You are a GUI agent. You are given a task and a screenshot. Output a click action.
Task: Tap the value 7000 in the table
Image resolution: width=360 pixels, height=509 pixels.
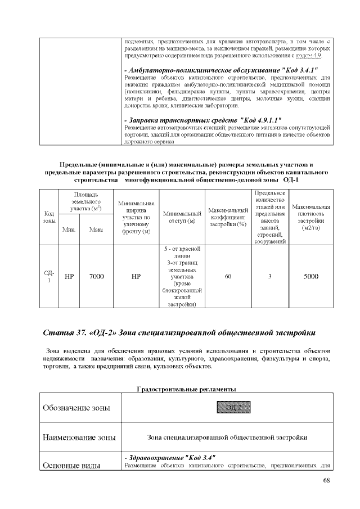pyautogui.click(x=97, y=276)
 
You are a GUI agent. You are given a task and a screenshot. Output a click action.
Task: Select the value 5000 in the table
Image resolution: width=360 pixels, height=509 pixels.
pyautogui.click(x=311, y=276)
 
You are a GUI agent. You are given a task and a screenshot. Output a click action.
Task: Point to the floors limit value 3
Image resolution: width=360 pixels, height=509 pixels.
pyautogui.click(x=270, y=276)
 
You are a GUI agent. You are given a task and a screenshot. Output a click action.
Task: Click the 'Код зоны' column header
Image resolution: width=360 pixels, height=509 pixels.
pyautogui.click(x=49, y=217)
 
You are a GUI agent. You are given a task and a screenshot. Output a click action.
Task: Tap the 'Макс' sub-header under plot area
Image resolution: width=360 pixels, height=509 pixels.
pyautogui.click(x=97, y=229)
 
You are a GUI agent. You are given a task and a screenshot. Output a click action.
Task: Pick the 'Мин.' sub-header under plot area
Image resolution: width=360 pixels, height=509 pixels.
pyautogui.click(x=69, y=229)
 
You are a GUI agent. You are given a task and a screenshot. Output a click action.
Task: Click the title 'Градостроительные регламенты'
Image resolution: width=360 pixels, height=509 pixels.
pyautogui.click(x=186, y=389)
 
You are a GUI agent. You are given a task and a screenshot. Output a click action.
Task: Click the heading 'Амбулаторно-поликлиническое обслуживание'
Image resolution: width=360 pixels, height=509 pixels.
pyautogui.click(x=220, y=69)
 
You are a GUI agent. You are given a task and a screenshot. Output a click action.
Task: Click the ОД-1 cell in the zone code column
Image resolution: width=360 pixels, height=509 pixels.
pyautogui.click(x=49, y=276)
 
